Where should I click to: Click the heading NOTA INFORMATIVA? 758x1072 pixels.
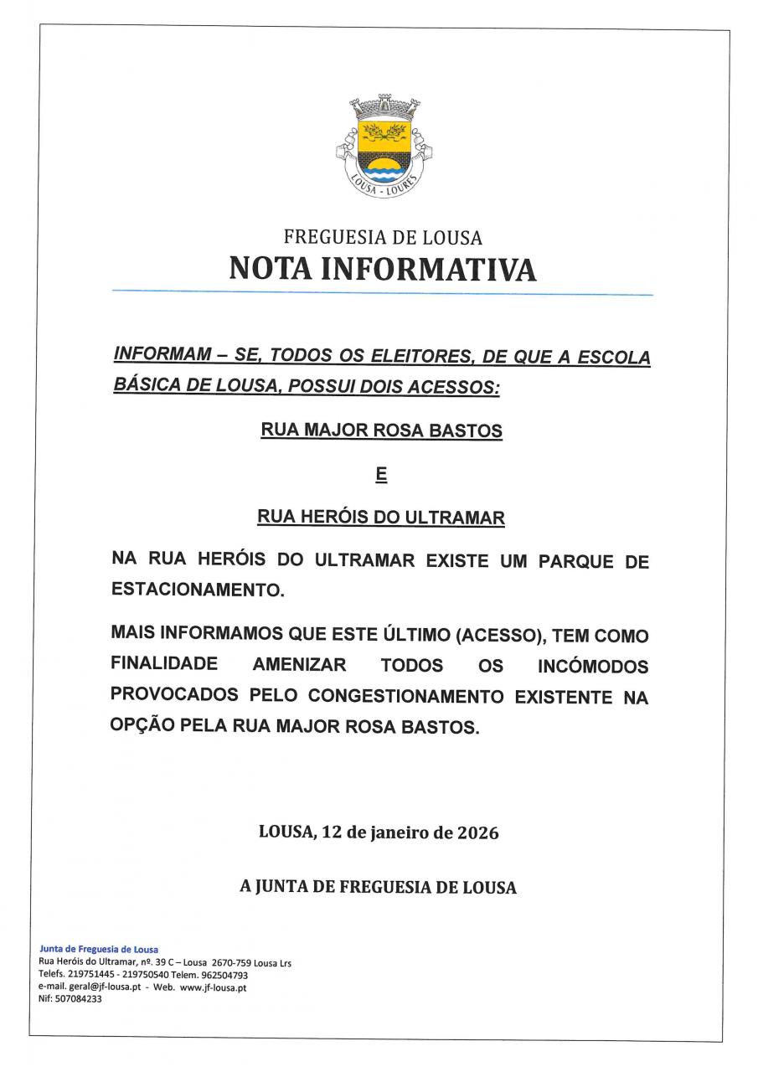coord(382,269)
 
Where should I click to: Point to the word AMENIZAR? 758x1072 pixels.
coord(299,665)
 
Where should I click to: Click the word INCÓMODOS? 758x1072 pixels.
coord(593,667)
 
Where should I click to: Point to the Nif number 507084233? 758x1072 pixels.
coord(77,999)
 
